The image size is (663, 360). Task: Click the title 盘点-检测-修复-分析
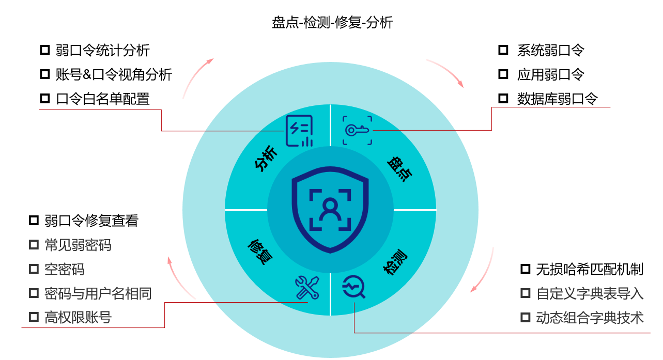332,23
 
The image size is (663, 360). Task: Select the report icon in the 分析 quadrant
300,131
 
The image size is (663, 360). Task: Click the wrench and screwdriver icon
307,288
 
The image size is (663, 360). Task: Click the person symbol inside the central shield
330,209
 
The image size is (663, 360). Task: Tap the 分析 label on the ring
266,159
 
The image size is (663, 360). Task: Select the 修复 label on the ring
260,252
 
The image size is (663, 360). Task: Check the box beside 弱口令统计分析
44,51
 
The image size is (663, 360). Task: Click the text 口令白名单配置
103,99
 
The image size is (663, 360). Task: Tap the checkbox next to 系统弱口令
503,50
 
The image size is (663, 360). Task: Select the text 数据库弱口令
557,99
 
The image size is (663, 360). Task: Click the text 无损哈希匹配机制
590,269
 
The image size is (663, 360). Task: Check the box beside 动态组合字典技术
526,317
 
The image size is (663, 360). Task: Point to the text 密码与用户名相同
98,293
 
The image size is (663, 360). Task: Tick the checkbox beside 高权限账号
34,317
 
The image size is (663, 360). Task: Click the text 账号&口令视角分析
114,74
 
